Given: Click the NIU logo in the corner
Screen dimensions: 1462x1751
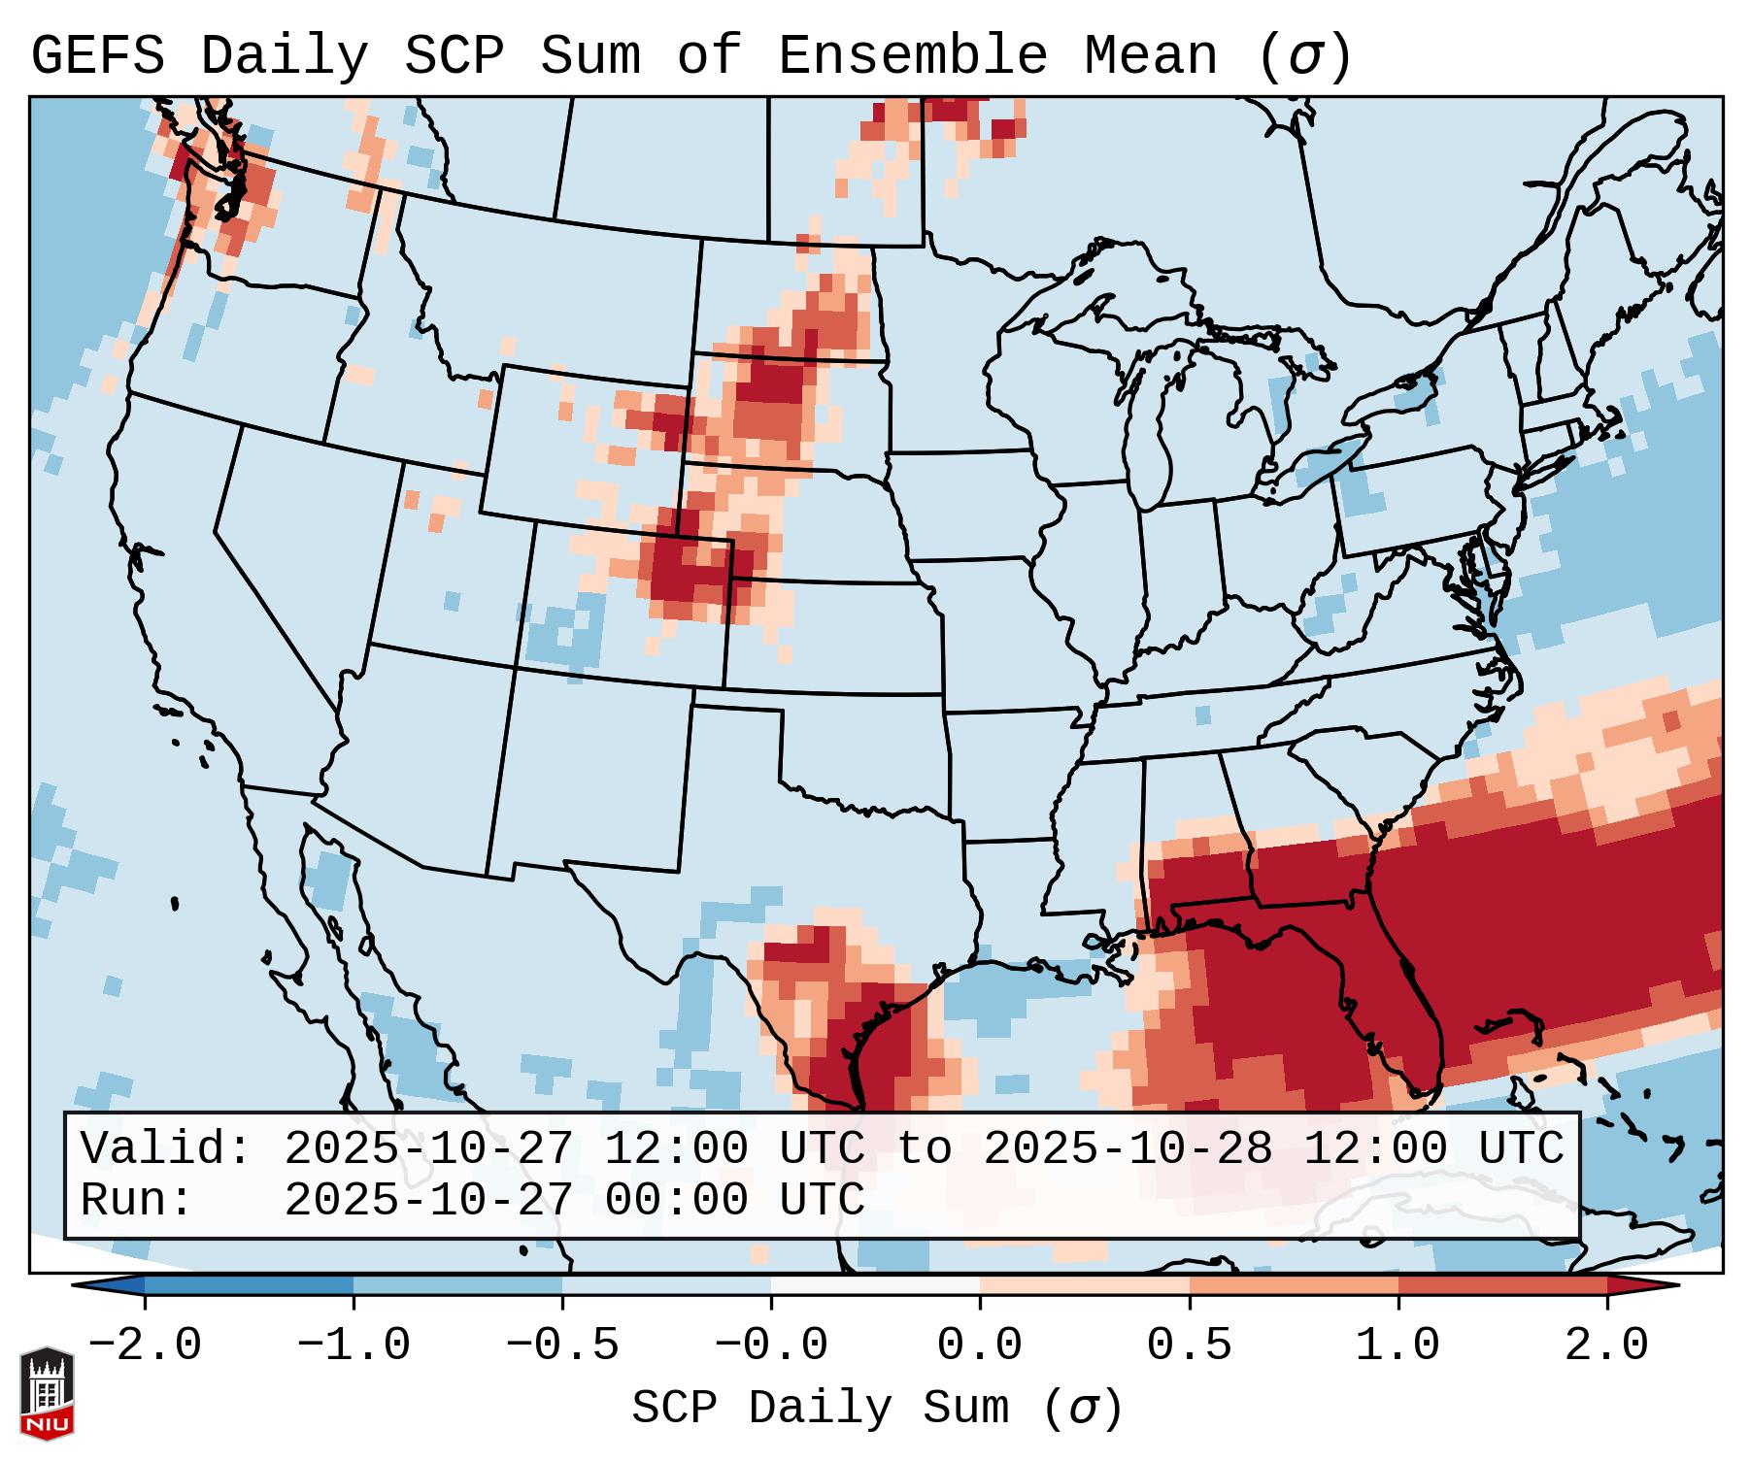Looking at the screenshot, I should [47, 1392].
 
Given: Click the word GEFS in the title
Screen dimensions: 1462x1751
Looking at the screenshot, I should [97, 56].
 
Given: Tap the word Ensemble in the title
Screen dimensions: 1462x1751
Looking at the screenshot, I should [913, 56].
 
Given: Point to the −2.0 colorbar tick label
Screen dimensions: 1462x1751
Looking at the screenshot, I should [145, 1346].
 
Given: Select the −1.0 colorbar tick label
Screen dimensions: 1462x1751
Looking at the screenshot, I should [354, 1346].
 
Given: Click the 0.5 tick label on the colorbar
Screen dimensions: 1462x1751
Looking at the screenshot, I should [1189, 1346].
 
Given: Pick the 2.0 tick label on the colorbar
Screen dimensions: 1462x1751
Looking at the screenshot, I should [1606, 1346].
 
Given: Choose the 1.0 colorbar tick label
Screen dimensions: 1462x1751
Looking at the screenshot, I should [1397, 1346].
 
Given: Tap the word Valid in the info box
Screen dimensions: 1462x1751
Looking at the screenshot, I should [166, 1148].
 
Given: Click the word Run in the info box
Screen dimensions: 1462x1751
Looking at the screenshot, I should [137, 1200].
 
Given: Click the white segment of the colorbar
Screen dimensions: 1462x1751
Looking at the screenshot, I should [875, 1285].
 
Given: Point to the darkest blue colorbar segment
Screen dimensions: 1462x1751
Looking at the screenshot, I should [249, 1285].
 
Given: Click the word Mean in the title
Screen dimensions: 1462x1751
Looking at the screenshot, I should [1151, 56].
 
